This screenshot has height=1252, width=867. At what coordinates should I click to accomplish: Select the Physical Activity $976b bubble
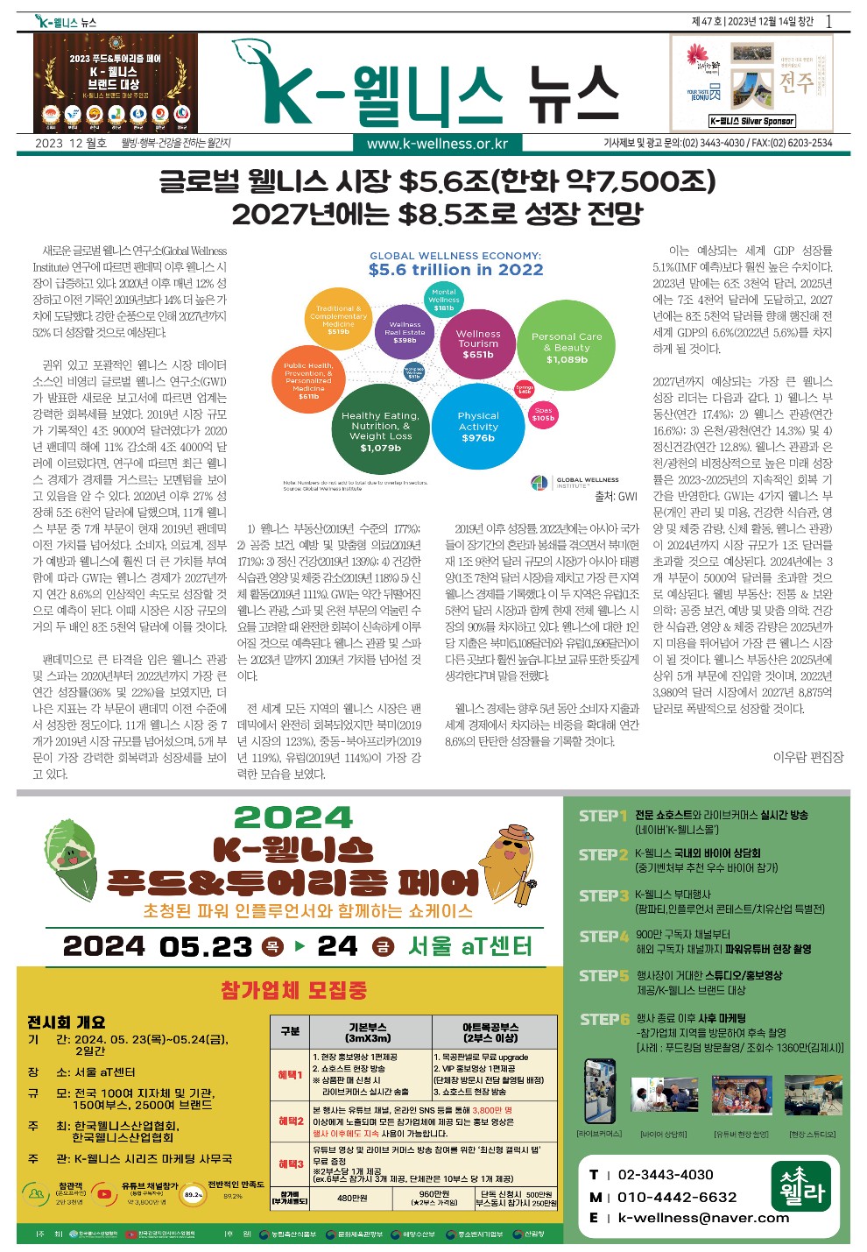click(x=478, y=427)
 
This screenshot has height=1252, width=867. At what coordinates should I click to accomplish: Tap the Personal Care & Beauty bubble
click(x=567, y=348)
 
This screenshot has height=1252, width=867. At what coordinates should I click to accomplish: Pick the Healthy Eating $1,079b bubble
click(x=380, y=431)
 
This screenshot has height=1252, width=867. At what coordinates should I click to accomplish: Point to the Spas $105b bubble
click(x=543, y=414)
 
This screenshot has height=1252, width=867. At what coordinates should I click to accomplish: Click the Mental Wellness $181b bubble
click(x=444, y=300)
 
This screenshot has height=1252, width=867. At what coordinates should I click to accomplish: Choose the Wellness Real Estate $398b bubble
click(x=405, y=332)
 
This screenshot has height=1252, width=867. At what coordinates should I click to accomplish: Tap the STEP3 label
click(x=603, y=895)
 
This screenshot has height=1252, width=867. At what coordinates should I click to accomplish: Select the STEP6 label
click(x=604, y=1019)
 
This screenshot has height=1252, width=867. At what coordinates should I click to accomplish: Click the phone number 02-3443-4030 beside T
click(x=666, y=1174)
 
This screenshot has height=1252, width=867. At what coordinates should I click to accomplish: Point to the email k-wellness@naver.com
click(x=703, y=1217)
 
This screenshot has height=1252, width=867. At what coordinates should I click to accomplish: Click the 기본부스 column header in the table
click(x=368, y=1031)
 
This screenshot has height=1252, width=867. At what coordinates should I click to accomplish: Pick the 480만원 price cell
click(x=352, y=1198)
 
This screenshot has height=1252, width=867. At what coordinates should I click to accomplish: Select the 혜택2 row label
click(x=291, y=1121)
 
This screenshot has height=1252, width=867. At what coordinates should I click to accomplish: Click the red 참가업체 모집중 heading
click(x=293, y=990)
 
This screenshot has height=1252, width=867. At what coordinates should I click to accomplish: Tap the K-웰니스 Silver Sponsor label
click(x=751, y=122)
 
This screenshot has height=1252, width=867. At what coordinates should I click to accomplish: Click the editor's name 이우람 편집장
click(x=807, y=757)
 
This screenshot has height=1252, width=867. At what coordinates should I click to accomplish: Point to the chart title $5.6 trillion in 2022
click(x=455, y=270)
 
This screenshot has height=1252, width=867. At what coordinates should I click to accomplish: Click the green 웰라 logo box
click(x=803, y=1186)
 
